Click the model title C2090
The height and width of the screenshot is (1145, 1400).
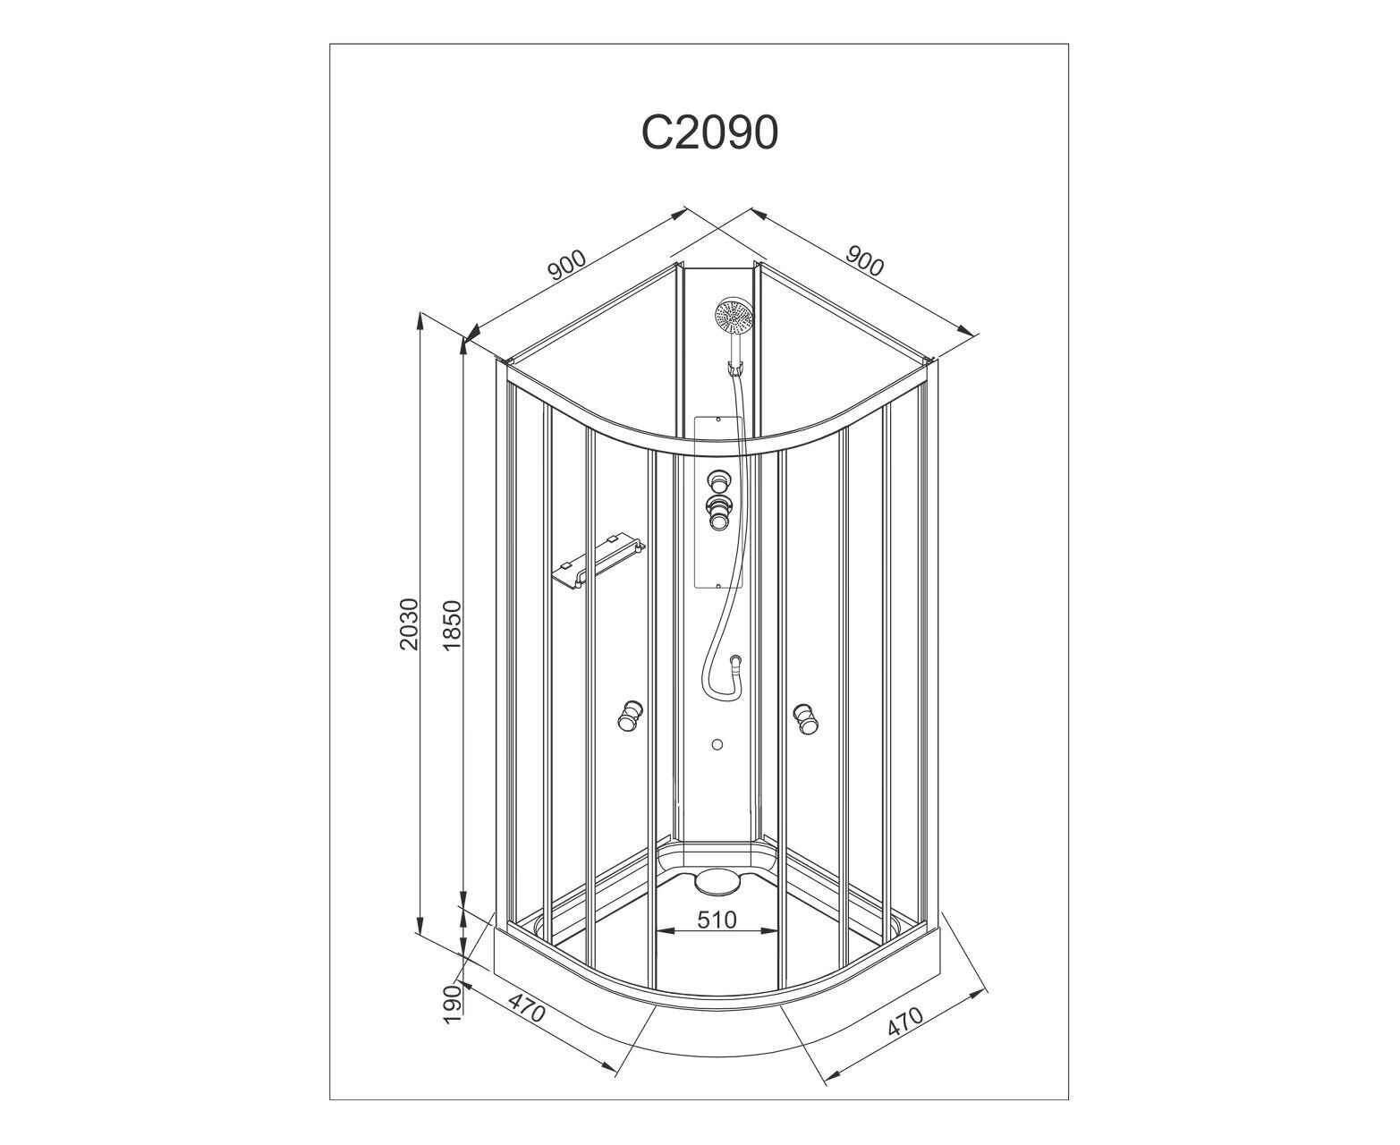coord(709,132)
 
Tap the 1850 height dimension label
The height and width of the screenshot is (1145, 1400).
coord(452,625)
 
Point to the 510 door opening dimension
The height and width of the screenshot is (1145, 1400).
coord(717,920)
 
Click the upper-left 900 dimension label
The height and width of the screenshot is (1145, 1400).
coord(566,265)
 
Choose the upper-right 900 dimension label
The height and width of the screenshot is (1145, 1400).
coord(863,261)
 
